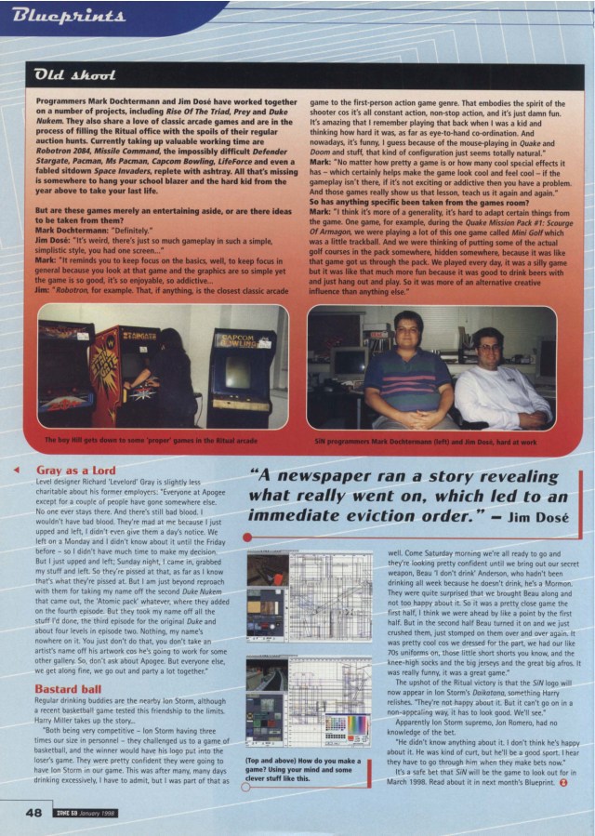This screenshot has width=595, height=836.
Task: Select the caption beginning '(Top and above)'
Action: click(295, 771)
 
